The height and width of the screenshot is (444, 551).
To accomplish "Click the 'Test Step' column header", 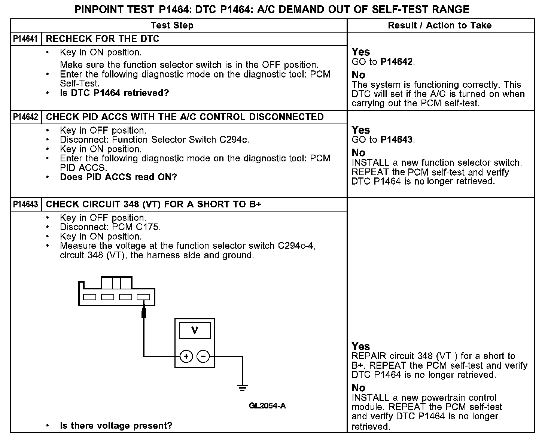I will click(x=172, y=25).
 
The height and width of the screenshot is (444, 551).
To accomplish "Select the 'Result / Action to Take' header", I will click(x=440, y=25).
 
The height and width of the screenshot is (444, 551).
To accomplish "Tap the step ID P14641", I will click(x=25, y=39).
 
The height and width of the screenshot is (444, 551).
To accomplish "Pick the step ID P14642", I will click(x=25, y=117).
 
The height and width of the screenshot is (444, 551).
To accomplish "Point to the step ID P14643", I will click(x=25, y=204).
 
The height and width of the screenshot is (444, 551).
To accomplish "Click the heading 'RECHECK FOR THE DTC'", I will click(x=103, y=39).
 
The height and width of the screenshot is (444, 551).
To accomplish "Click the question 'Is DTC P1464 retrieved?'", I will click(x=115, y=93).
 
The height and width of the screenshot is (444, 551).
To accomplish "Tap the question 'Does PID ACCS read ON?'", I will click(x=119, y=177).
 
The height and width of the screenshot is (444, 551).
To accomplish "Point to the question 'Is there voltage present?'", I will click(x=116, y=426).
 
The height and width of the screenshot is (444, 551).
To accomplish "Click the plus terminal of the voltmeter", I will click(x=186, y=356).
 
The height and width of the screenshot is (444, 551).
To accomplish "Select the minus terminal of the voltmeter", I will click(x=203, y=356).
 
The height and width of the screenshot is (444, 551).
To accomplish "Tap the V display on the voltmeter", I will click(x=195, y=331).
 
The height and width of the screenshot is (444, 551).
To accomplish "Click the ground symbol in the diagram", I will click(x=243, y=387).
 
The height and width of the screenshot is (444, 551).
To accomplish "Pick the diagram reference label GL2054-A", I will click(x=267, y=406).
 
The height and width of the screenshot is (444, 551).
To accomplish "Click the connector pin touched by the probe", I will click(x=143, y=297).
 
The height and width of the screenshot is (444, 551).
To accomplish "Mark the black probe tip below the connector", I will click(x=144, y=312).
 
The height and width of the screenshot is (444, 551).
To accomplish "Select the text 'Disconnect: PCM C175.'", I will click(x=110, y=227).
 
